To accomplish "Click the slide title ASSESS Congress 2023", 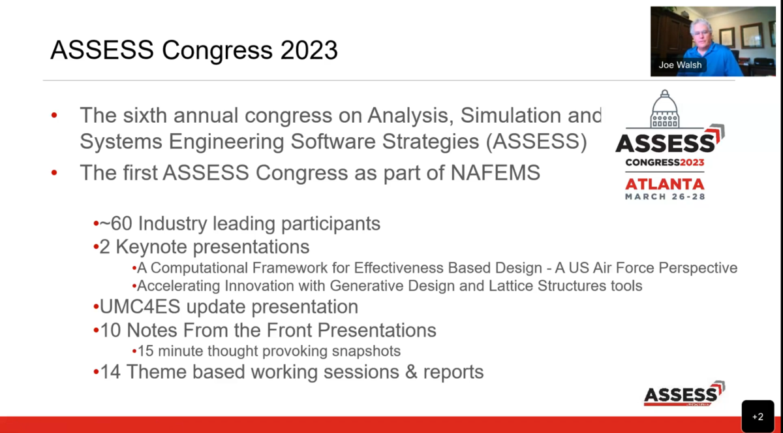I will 194,50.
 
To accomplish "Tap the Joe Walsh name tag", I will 680,65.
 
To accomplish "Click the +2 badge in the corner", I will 758,416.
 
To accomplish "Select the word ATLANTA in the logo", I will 664,184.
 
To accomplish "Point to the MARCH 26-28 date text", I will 664,196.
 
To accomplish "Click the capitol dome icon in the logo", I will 664,110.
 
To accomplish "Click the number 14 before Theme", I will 110,372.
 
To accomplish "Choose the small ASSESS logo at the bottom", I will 684,394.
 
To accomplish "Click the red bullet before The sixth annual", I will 55,116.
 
